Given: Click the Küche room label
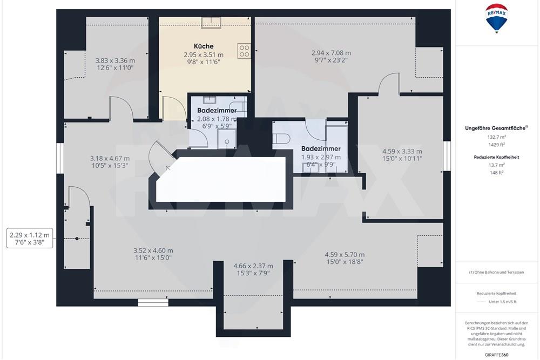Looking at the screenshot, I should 204,46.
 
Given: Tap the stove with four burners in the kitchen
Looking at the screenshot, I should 244,51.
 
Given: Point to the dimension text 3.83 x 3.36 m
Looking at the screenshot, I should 115,61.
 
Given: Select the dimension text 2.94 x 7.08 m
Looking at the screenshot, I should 331,53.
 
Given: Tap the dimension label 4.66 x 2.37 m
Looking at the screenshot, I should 253,266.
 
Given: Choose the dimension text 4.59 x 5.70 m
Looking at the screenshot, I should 345,255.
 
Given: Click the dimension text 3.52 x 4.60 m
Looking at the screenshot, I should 153,250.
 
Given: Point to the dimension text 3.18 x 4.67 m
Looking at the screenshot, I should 110,158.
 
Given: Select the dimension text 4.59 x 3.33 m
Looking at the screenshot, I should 402,152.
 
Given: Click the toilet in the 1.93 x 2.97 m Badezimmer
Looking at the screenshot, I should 279,139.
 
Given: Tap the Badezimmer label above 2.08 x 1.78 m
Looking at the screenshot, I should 217,111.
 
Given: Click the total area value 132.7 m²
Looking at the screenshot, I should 496,138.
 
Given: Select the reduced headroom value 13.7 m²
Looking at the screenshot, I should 496,165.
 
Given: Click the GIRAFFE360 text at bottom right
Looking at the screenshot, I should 497,355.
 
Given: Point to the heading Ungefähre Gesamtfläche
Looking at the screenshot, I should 496,128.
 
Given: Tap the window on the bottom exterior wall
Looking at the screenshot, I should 150,303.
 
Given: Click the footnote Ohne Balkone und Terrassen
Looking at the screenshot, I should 496,273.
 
